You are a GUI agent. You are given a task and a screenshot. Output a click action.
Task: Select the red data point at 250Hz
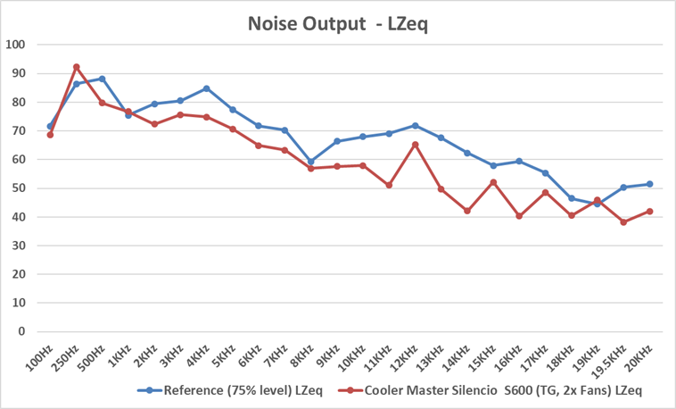point(76,67)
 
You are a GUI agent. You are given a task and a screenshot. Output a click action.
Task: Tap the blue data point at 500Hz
point(102,79)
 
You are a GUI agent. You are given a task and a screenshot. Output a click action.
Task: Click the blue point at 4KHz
point(206,88)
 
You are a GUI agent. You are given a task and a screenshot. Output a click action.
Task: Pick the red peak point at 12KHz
point(415,144)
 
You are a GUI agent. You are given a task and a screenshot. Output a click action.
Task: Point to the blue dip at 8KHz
point(310,162)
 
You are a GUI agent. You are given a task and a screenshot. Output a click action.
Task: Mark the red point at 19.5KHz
point(623,221)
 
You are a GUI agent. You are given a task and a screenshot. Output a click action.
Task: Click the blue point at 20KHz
point(649,184)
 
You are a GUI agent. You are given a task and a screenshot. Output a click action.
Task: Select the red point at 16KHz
point(519,216)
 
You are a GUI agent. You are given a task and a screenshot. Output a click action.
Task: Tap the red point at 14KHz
point(466,211)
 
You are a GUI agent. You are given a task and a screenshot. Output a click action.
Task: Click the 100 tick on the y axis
point(16,45)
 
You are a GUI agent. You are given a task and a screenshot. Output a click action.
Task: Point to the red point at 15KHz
point(493,182)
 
